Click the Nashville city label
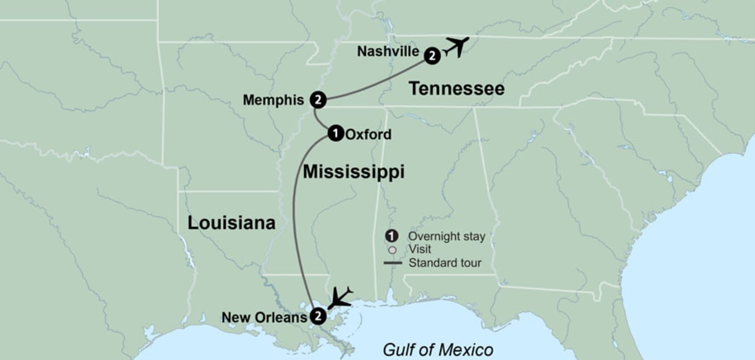[388, 51]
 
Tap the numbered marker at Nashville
[432, 55]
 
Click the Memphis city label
[273, 100]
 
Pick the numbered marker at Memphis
[318, 100]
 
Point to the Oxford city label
[369, 134]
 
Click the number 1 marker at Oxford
[335, 133]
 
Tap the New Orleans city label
[264, 318]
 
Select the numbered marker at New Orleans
[317, 316]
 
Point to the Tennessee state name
[456, 88]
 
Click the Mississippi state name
[353, 172]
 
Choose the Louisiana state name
[231, 223]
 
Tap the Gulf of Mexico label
[438, 350]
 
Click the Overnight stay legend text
[446, 236]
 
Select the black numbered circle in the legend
[393, 236]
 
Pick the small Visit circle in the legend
[393, 250]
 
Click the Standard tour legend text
[445, 263]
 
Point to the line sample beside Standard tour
[393, 263]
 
